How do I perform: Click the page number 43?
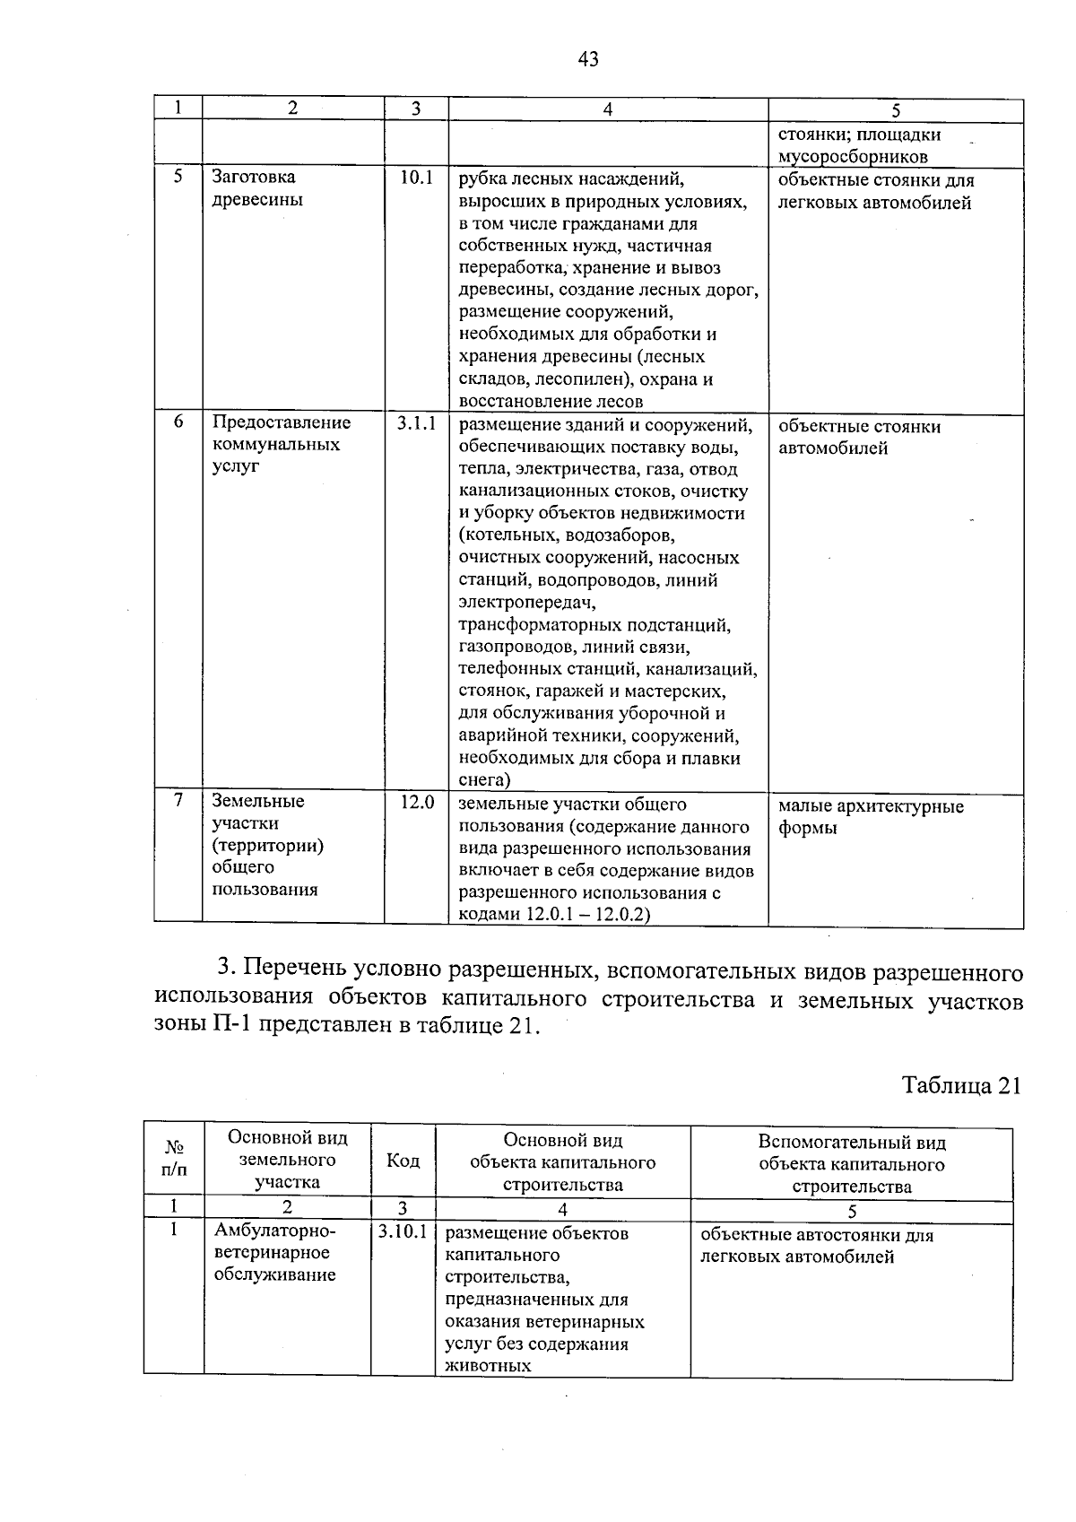pos(588,60)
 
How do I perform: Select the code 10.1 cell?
pos(416,178)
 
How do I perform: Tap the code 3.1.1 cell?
pos(416,423)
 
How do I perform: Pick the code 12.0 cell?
pos(416,803)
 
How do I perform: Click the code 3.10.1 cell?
pos(403,1232)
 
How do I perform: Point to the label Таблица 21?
pos(961,1085)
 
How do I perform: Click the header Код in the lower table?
pos(403,1161)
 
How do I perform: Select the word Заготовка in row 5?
pos(254,178)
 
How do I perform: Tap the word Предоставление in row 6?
pos(282,422)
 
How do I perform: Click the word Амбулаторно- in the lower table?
pos(274,1231)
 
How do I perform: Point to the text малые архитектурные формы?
pos(870,816)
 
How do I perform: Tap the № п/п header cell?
pos(174,1159)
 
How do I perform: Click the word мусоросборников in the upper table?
pos(852,157)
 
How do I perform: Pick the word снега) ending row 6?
pos(484,780)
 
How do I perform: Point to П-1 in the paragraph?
pos(232,1025)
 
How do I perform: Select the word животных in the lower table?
pos(488,1366)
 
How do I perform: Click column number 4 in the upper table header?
pos(607,109)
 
